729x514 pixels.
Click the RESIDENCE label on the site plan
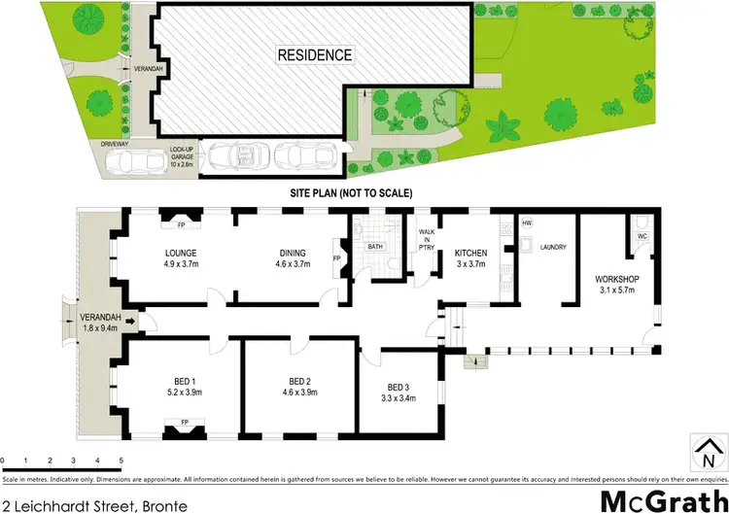click(315, 54)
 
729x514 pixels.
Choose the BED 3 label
click(399, 388)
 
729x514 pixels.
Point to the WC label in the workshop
click(642, 236)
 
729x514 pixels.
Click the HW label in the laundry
click(527, 223)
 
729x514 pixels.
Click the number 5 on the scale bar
click(121, 460)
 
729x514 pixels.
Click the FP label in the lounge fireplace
click(181, 225)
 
